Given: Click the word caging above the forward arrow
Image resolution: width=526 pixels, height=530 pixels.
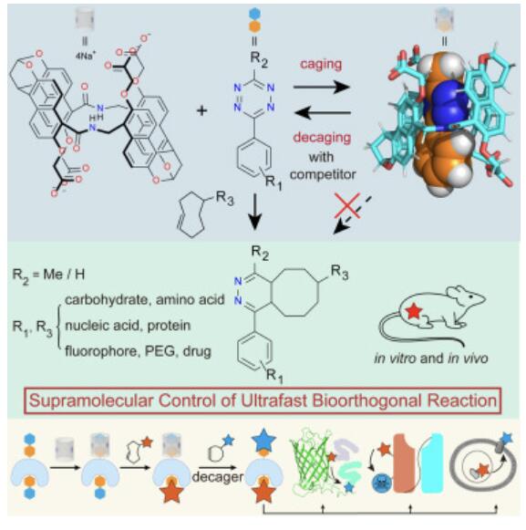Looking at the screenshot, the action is pyautogui.click(x=321, y=65).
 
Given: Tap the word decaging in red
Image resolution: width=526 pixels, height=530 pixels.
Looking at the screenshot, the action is pyautogui.click(x=322, y=139).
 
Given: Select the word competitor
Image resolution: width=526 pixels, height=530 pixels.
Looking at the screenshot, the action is pyautogui.click(x=323, y=174).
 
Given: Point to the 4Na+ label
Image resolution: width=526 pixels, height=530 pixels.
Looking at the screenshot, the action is pyautogui.click(x=86, y=55).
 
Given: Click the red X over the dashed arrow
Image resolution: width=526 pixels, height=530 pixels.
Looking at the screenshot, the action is pyautogui.click(x=347, y=206).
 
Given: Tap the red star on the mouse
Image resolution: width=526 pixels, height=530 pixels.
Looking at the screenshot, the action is pyautogui.click(x=414, y=311).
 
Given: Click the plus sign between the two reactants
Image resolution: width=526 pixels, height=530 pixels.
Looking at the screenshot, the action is pyautogui.click(x=201, y=110).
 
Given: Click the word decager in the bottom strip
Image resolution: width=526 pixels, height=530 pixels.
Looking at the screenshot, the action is pyautogui.click(x=218, y=476).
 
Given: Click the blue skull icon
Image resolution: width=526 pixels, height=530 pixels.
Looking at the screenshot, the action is pyautogui.click(x=382, y=483).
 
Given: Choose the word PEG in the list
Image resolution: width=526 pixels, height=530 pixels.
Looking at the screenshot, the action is pyautogui.click(x=160, y=351).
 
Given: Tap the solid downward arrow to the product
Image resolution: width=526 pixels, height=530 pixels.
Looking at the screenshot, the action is pyautogui.click(x=254, y=212).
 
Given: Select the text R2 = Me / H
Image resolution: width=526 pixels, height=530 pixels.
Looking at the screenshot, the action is pyautogui.click(x=48, y=275).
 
